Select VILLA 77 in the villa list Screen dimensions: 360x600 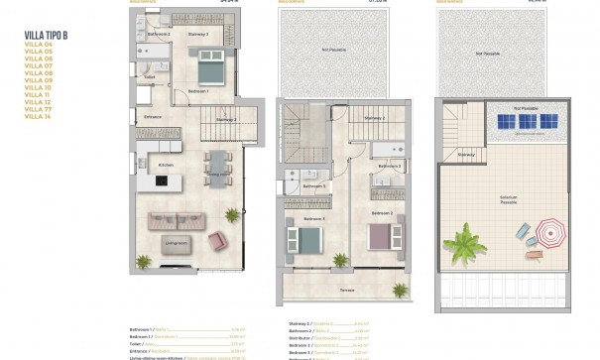[37, 109]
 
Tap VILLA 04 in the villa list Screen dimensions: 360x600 [37, 43]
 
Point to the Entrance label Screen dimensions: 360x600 [153, 117]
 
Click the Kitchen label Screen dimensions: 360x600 [167, 165]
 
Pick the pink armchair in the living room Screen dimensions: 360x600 [217, 239]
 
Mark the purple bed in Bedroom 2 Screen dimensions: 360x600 [380, 237]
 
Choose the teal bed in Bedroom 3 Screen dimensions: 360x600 [308, 239]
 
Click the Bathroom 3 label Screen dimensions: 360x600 [313, 185]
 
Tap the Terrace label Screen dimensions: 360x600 [346, 291]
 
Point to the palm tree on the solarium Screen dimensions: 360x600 [464, 243]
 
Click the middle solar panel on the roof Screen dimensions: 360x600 [526, 121]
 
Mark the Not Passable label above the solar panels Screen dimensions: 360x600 [525, 106]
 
